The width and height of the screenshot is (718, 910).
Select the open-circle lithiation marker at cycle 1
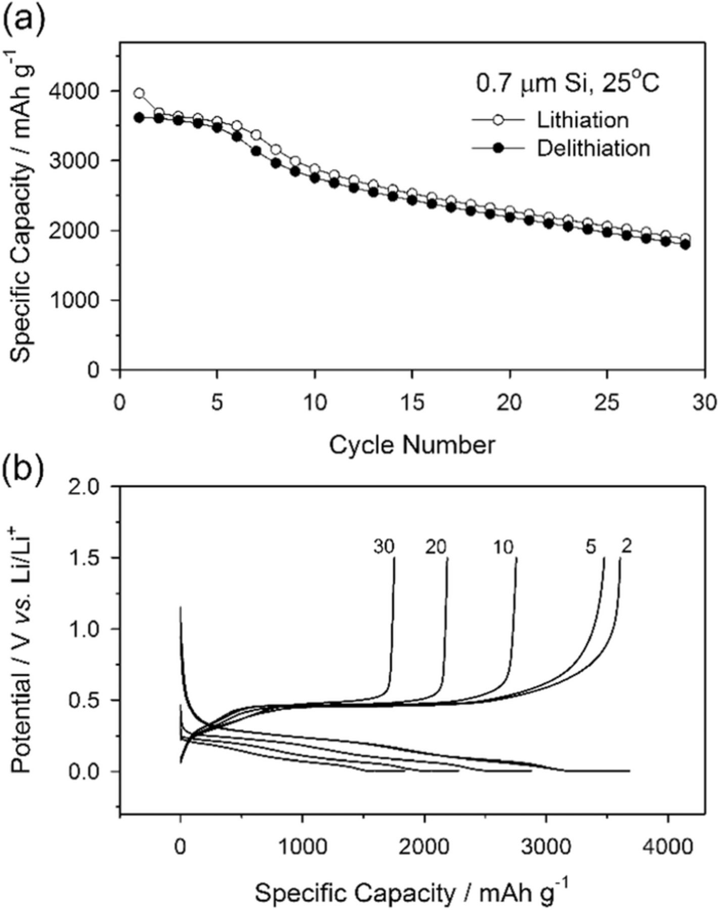pos(139,94)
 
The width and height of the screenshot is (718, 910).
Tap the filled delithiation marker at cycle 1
pos(139,118)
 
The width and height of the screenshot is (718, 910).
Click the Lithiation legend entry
pos(582,120)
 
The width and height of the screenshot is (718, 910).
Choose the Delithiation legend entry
pos(593,148)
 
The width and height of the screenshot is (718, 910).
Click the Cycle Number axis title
pos(412,445)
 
